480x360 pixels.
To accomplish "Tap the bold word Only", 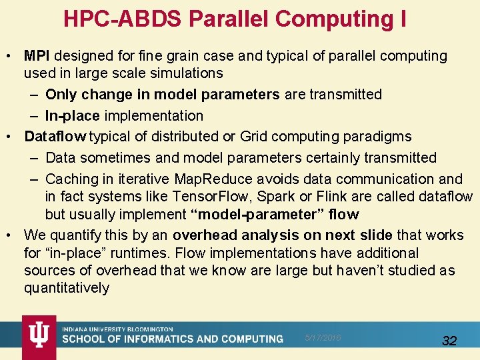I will [61, 95].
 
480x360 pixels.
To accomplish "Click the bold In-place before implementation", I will [72, 116].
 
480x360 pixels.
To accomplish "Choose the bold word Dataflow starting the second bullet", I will [55, 137].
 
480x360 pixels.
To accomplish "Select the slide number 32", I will [449, 341].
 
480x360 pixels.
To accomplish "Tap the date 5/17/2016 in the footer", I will [322, 338].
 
